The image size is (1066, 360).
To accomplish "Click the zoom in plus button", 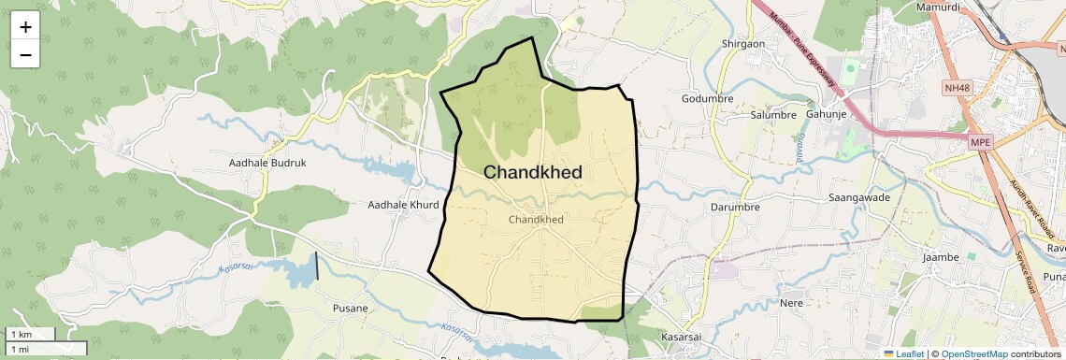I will pyautogui.click(x=25, y=27).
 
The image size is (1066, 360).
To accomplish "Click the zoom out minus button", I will pyautogui.click(x=25, y=54).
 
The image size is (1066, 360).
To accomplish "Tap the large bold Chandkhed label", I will pyautogui.click(x=533, y=172).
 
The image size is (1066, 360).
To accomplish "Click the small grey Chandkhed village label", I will pyautogui.click(x=536, y=219).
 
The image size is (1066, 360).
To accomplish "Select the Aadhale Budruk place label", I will pyautogui.click(x=267, y=163).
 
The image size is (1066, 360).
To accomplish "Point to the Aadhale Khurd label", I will pyautogui.click(x=403, y=205).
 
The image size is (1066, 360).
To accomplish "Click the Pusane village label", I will pyautogui.click(x=351, y=308).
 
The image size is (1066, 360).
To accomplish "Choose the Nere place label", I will pyautogui.click(x=792, y=303).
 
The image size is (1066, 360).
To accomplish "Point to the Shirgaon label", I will pyautogui.click(x=744, y=43).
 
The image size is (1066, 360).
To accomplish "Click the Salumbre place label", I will pyautogui.click(x=773, y=115).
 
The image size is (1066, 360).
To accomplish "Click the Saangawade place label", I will pyautogui.click(x=859, y=198).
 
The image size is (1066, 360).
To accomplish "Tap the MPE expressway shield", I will pyautogui.click(x=980, y=142).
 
